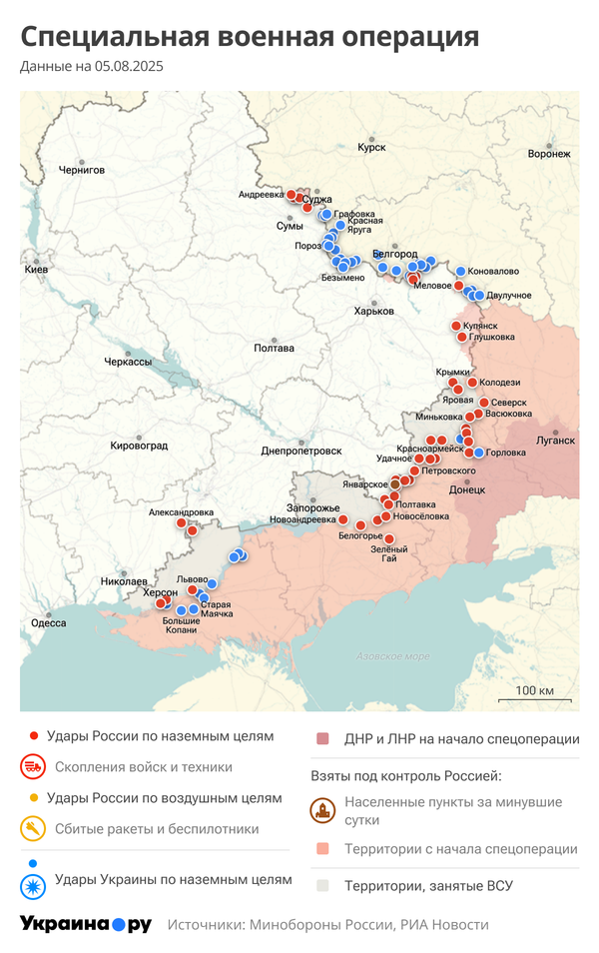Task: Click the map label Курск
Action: pyautogui.click(x=371, y=147)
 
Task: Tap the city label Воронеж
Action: pyautogui.click(x=549, y=154)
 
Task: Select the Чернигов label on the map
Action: pyautogui.click(x=82, y=170)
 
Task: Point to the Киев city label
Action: pyautogui.click(x=36, y=270)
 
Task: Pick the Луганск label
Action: pyautogui.click(x=556, y=440)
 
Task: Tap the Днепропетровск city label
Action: pyautogui.click(x=301, y=451)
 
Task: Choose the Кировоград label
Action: pyautogui.click(x=138, y=445)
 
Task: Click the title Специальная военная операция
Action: pyautogui.click(x=250, y=37)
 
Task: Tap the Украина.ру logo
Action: pyautogui.click(x=86, y=924)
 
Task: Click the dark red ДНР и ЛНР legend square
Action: pyautogui.click(x=322, y=739)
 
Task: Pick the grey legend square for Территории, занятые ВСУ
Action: pyautogui.click(x=322, y=885)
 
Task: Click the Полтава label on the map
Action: pyautogui.click(x=275, y=348)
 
